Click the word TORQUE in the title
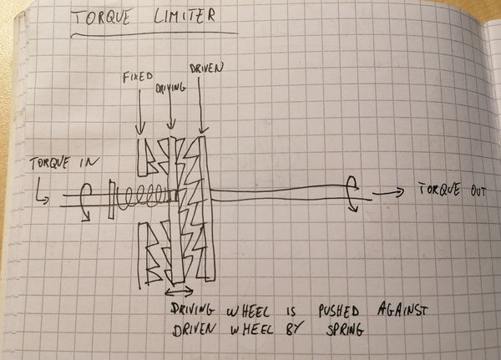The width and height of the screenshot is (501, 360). (x=101, y=17)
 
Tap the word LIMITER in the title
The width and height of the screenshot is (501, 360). (x=185, y=16)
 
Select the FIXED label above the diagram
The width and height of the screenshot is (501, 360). (x=138, y=77)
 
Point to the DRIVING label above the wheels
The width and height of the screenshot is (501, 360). (x=170, y=89)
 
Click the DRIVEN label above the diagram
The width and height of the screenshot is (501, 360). (x=206, y=68)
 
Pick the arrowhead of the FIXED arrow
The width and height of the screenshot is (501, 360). (x=139, y=129)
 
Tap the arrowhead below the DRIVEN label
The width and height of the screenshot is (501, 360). (x=201, y=130)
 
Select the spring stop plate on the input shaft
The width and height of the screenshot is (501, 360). (x=111, y=200)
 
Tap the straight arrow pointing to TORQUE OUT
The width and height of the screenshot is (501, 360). (x=387, y=193)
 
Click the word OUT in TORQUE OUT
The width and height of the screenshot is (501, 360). (x=477, y=191)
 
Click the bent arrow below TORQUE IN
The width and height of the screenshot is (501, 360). (x=42, y=194)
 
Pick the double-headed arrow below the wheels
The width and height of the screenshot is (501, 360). (x=179, y=292)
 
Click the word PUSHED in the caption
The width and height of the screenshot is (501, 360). (x=339, y=311)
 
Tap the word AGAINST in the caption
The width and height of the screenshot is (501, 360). (x=402, y=310)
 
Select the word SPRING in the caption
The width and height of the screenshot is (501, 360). (x=345, y=330)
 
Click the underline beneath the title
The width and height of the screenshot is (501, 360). (x=154, y=34)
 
